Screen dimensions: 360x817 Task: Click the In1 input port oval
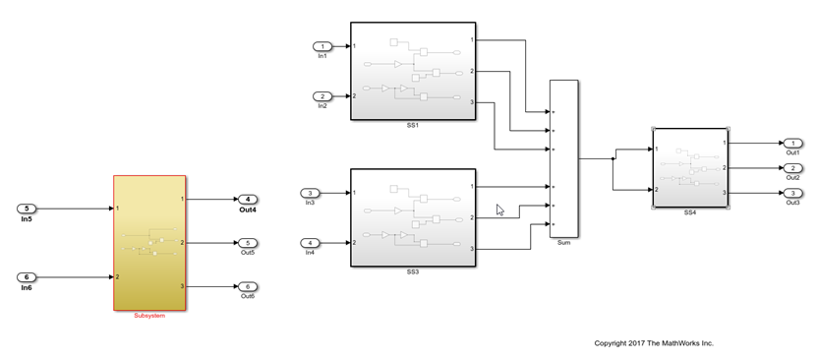322,46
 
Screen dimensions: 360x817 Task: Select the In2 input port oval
322,96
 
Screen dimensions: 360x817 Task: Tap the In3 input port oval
310,193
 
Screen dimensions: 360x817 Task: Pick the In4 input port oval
310,243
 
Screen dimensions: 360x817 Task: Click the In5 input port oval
28,209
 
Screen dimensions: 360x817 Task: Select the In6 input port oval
28,276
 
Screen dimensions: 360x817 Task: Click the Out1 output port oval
792,144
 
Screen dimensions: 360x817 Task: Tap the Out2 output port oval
792,168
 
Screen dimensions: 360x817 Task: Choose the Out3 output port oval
792,193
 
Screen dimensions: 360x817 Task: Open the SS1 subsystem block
413,71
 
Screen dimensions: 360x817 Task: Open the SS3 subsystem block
413,217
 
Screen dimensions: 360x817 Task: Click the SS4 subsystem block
690,167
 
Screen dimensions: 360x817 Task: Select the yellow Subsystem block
149,242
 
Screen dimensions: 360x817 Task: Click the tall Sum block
563,158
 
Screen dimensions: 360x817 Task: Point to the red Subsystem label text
149,316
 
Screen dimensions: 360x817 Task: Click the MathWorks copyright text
654,343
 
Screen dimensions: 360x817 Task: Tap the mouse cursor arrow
499,210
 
